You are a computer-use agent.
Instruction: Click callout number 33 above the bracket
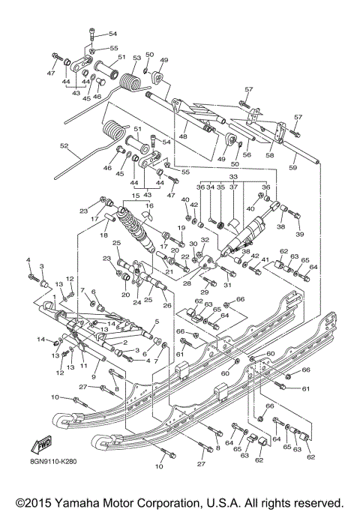tap(232, 177)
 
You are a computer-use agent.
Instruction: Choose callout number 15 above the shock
tap(135, 196)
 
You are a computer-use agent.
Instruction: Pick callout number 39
tap(300, 234)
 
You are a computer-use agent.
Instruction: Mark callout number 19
tap(181, 227)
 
